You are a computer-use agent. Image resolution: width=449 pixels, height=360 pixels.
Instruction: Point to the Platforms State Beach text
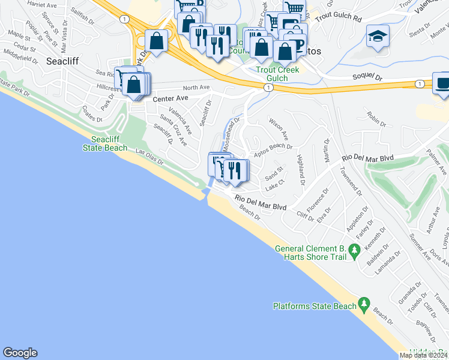click(315, 306)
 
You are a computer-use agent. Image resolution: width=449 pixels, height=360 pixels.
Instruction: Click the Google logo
click(20, 353)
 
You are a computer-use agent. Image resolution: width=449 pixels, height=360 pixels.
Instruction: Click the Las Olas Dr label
click(149, 157)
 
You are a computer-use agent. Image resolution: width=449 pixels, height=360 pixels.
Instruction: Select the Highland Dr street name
click(300, 170)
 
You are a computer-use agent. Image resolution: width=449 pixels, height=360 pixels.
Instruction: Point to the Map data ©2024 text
click(423, 355)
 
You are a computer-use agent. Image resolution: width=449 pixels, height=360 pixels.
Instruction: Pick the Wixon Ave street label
click(279, 128)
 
